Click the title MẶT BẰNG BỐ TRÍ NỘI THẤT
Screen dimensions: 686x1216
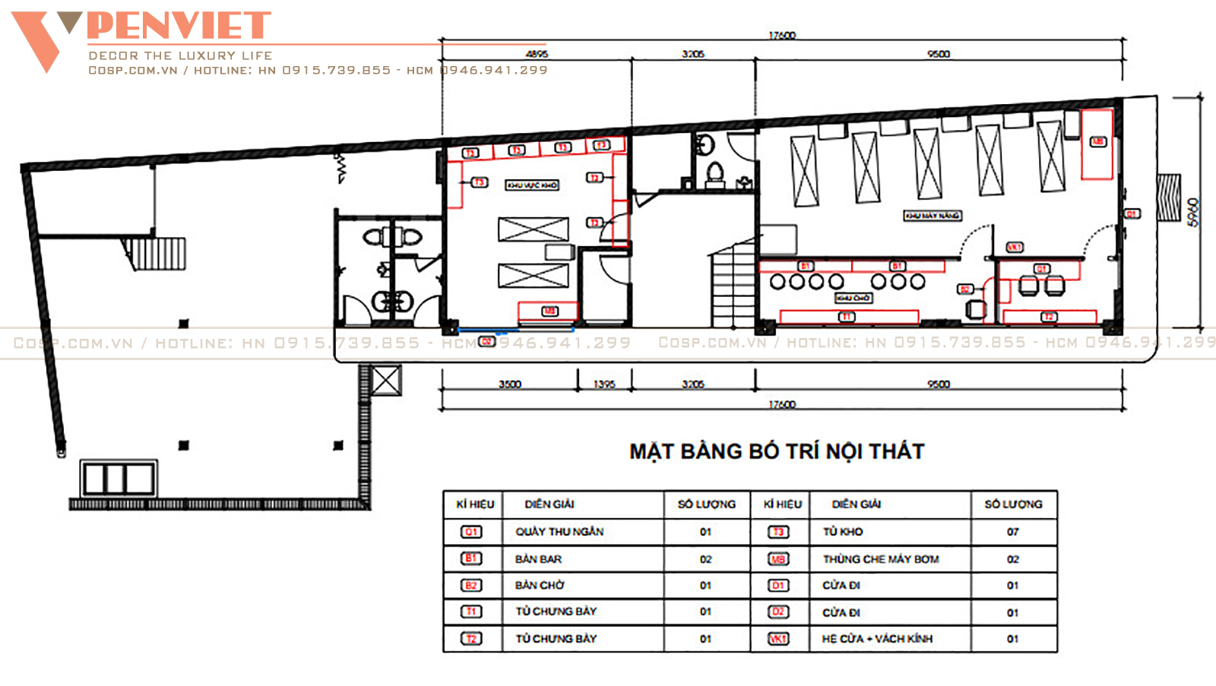[x=777, y=451]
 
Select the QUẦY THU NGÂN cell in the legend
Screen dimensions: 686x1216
[x=559, y=532]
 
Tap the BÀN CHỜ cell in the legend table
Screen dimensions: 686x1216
[x=540, y=586]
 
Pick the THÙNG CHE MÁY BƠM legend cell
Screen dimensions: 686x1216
[x=881, y=559]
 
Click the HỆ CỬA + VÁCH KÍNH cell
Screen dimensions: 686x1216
[x=877, y=639]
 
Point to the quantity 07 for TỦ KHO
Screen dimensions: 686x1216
[x=1012, y=532]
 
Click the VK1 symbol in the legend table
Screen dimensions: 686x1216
[x=778, y=639]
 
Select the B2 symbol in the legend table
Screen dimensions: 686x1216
[x=471, y=586]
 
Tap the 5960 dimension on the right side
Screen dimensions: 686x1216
[x=1193, y=212]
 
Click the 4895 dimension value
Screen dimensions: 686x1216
[x=537, y=54]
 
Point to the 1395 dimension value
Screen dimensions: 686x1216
[x=604, y=384]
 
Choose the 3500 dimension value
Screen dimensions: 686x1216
[x=510, y=384]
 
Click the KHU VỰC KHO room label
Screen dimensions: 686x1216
[x=532, y=185]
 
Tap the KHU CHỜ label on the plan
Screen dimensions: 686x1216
[x=853, y=298]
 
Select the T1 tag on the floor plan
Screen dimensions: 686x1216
[x=847, y=317]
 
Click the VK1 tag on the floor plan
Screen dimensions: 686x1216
[x=1015, y=247]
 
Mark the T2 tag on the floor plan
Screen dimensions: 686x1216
[x=1049, y=317]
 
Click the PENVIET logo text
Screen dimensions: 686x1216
[x=179, y=26]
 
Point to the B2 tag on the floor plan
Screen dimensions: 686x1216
[x=964, y=289]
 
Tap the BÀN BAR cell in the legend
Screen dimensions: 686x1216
[x=538, y=559]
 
